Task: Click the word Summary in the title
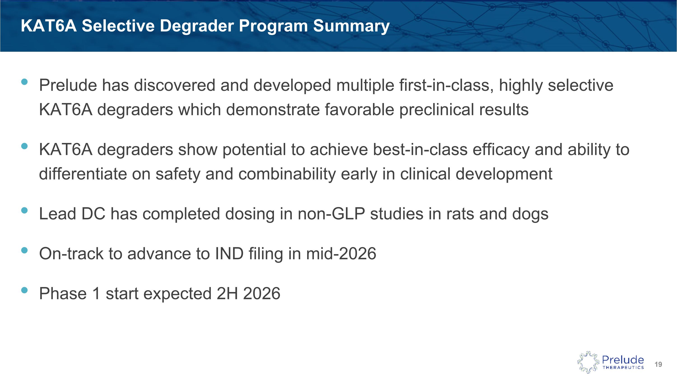pos(351,26)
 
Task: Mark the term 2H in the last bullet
pos(227,293)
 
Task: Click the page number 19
pos(658,365)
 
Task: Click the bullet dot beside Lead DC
pos(24,210)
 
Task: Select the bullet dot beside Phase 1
pos(24,290)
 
